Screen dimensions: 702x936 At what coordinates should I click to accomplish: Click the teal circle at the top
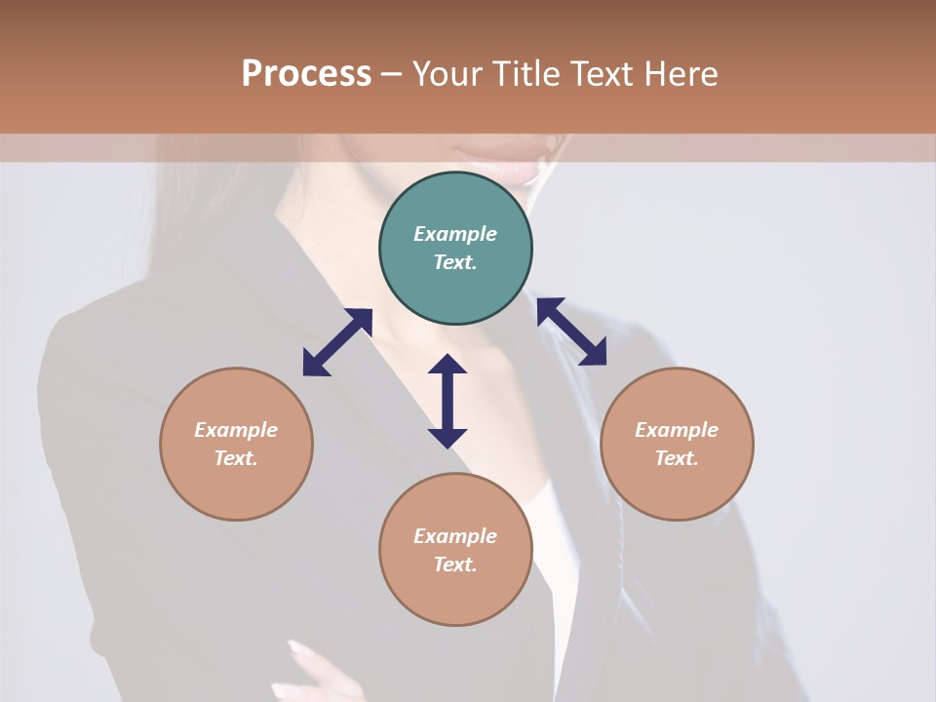(455, 249)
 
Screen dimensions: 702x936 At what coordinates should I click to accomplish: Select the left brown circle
(236, 444)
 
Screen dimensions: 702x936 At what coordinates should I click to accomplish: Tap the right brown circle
(677, 444)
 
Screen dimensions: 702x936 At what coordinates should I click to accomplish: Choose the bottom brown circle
(455, 550)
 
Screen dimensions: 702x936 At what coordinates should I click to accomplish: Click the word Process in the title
(306, 74)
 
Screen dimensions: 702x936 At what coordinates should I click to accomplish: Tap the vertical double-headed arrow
(448, 401)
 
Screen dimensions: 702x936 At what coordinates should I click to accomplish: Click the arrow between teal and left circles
(337, 342)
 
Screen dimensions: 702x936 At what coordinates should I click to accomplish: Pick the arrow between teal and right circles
(572, 331)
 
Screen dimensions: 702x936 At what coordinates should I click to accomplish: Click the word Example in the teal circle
(455, 234)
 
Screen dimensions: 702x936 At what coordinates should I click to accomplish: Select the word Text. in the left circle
(236, 458)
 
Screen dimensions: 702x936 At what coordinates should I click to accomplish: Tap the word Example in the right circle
(677, 430)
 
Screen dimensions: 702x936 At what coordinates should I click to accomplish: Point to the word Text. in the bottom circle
(455, 565)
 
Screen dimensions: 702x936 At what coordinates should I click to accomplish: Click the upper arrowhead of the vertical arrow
(448, 366)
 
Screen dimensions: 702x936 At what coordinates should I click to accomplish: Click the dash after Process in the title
(392, 75)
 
